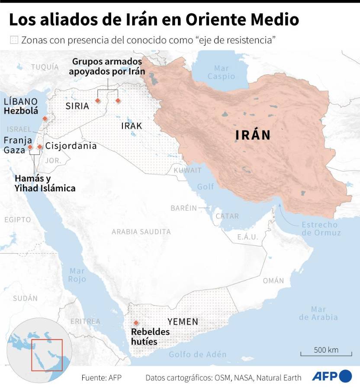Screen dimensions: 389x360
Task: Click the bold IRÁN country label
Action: pos(253,135)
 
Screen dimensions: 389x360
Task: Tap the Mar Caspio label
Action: pos(221,72)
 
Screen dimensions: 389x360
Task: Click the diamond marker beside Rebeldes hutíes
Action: pos(136,323)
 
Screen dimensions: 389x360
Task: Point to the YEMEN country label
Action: pos(183,322)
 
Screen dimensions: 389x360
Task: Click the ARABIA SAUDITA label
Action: pos(141,232)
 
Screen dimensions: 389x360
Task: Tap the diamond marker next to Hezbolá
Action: pos(45,118)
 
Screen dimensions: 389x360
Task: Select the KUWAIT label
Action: pos(187,170)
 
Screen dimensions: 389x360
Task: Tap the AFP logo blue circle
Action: pos(345,376)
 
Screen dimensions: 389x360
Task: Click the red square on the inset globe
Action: pos(47,355)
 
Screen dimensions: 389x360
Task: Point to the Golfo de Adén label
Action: pos(197,354)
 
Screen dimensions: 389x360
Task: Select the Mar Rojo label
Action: pos(77,275)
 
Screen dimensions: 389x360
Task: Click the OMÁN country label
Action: pos(273,281)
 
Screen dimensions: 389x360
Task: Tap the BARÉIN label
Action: pos(183,208)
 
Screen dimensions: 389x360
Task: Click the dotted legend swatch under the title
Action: pos(14,40)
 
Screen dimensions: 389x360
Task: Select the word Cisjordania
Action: pos(71,146)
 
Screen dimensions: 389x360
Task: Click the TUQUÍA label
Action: pos(45,67)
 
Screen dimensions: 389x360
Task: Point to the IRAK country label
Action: pos(132,126)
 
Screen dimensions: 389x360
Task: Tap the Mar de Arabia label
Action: pos(318,313)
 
